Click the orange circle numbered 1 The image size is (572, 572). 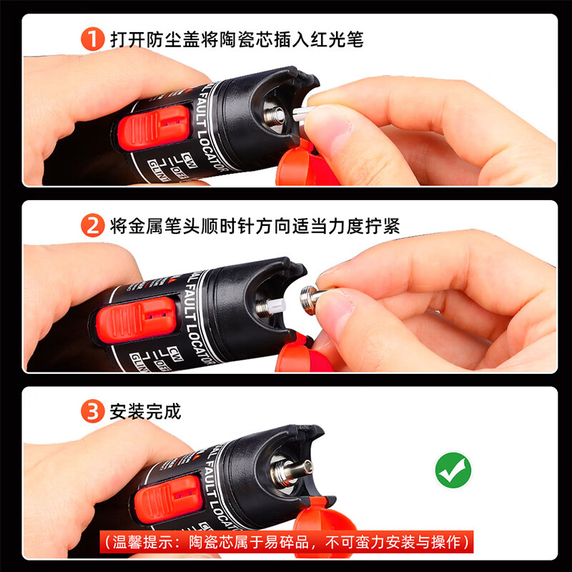pyautogui.click(x=94, y=39)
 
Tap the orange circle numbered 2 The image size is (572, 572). pyautogui.click(x=94, y=227)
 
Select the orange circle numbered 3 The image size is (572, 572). pyautogui.click(x=94, y=413)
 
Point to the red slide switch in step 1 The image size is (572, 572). pyautogui.click(x=153, y=127)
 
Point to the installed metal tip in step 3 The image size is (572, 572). pyautogui.click(x=300, y=468)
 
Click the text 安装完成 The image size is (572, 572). pyautogui.click(x=145, y=413)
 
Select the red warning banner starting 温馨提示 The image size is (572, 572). pyautogui.click(x=285, y=541)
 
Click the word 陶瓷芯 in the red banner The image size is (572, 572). pyautogui.click(x=209, y=541)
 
